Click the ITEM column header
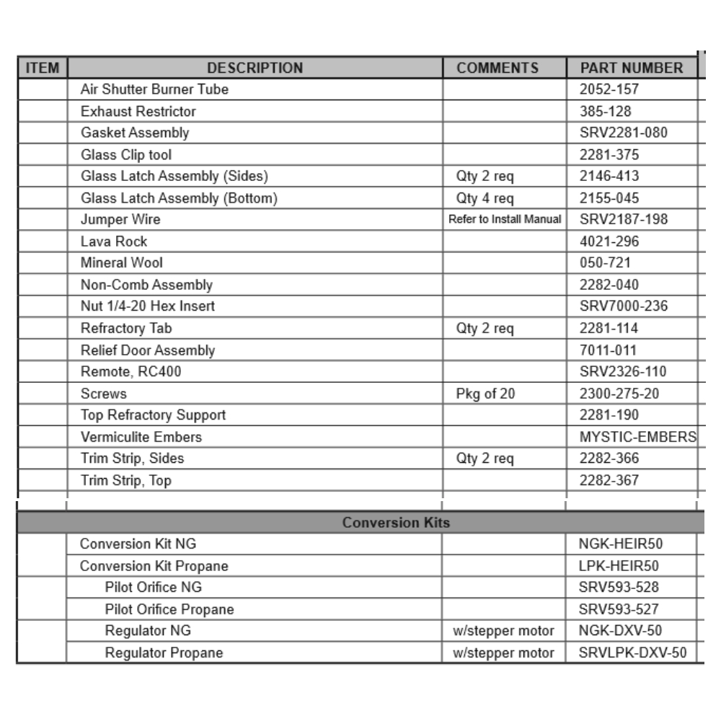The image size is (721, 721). click(x=42, y=68)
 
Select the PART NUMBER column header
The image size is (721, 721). click(x=631, y=68)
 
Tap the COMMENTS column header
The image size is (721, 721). click(x=497, y=68)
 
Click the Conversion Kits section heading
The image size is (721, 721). click(x=397, y=523)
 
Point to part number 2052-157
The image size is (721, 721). click(x=609, y=90)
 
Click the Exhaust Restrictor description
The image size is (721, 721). click(x=138, y=112)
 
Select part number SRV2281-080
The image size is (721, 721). click(x=624, y=133)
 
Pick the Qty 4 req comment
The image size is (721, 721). click(x=485, y=198)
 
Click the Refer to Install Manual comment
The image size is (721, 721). click(x=505, y=220)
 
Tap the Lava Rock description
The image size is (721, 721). click(x=114, y=242)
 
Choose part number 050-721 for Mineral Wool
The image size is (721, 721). click(x=604, y=263)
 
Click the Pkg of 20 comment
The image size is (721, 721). click(x=485, y=394)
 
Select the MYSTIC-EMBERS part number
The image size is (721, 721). click(x=638, y=437)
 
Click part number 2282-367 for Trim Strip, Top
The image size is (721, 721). click(x=609, y=480)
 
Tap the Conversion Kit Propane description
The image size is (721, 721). click(x=154, y=566)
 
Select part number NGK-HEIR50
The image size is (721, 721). click(x=619, y=544)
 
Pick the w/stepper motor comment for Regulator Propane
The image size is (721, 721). click(x=503, y=653)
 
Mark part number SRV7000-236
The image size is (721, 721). click(x=624, y=306)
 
